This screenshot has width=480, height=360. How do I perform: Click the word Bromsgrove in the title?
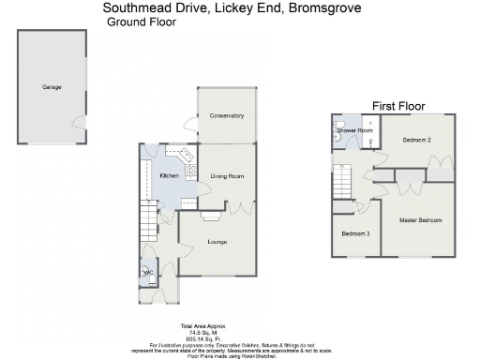pyautogui.click(x=320, y=8)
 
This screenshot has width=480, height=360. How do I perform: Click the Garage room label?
pyautogui.click(x=51, y=86)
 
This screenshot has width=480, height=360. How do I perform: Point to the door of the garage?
pyautogui.click(x=80, y=120)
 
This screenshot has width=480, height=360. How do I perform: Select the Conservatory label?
pyautogui.click(x=226, y=116)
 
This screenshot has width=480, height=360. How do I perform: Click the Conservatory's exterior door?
pyautogui.click(x=190, y=124)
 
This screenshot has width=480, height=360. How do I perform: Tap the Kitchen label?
pyautogui.click(x=169, y=176)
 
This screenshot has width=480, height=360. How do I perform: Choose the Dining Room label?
pyautogui.click(x=226, y=176)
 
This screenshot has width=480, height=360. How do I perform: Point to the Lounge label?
pyautogui.click(x=217, y=242)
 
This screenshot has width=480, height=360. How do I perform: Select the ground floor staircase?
pyautogui.click(x=148, y=223)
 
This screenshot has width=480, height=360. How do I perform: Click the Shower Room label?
pyautogui.click(x=355, y=130)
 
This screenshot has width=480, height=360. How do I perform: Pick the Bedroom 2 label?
pyautogui.click(x=416, y=140)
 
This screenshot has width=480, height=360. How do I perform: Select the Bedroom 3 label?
pyautogui.click(x=354, y=233)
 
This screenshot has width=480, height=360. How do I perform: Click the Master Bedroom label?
pyautogui.click(x=419, y=220)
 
